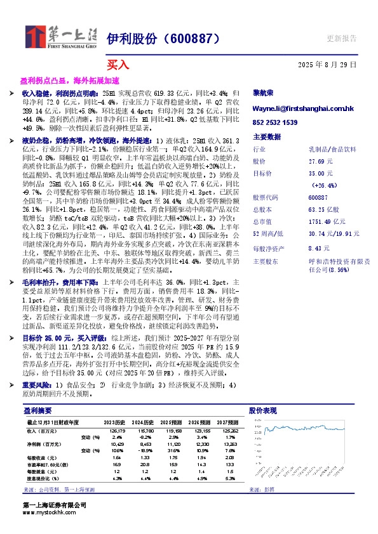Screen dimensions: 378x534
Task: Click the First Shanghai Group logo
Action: click(x=60, y=37)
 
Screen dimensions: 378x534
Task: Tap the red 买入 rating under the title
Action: click(x=118, y=65)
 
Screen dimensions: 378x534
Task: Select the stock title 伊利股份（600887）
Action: click(x=163, y=39)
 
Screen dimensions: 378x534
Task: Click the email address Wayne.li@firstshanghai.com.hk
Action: click(x=304, y=109)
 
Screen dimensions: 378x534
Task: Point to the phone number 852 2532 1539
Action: click(x=275, y=122)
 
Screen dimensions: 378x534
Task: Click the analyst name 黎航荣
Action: click(x=264, y=93)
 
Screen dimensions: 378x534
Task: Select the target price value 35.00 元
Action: click(x=318, y=173)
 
